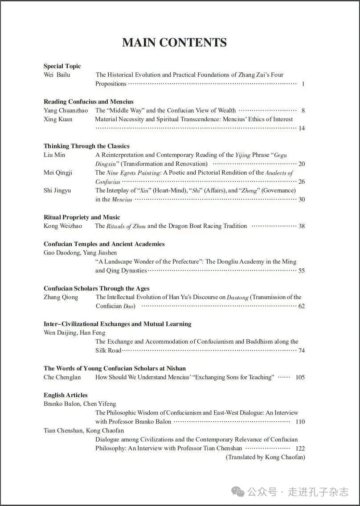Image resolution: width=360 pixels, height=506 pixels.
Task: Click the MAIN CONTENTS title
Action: click(174, 42)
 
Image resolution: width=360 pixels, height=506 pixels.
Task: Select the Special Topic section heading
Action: click(62, 66)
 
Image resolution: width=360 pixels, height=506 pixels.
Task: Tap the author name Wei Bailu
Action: click(57, 75)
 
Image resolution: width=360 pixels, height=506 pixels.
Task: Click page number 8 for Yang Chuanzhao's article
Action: click(303, 111)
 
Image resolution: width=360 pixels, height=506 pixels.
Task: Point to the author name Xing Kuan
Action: click(57, 119)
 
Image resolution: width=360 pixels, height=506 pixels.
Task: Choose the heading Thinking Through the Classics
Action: click(86, 146)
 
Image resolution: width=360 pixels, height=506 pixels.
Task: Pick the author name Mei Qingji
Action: click(57, 173)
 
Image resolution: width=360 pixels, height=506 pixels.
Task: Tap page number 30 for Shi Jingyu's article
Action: click(302, 199)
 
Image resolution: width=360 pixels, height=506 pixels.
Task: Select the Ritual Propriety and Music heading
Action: click(82, 217)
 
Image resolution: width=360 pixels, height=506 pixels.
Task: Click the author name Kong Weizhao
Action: click(63, 226)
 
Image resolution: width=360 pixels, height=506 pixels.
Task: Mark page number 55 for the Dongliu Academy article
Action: click(302, 271)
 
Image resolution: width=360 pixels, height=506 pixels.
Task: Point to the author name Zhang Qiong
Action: click(61, 297)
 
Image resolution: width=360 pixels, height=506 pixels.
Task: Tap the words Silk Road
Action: click(108, 350)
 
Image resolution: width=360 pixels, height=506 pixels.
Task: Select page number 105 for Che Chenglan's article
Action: click(300, 377)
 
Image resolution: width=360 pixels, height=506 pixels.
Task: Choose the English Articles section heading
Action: click(65, 395)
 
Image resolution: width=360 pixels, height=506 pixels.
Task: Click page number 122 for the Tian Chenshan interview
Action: click(300, 448)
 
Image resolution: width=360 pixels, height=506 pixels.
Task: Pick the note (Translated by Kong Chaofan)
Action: click(265, 457)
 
